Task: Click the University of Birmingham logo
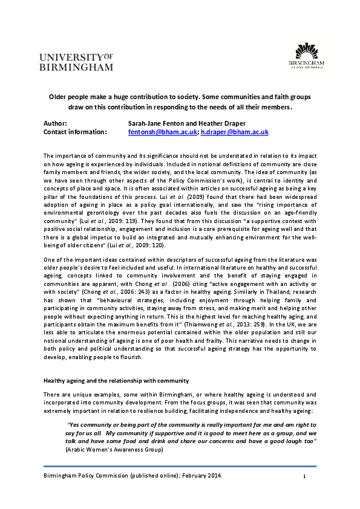point(76,61)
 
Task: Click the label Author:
point(55,123)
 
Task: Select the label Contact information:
point(75,131)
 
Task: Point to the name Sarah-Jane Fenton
point(152,123)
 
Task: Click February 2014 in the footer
point(203,476)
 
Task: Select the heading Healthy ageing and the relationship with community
point(116,380)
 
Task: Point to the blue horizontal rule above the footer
point(180,466)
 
